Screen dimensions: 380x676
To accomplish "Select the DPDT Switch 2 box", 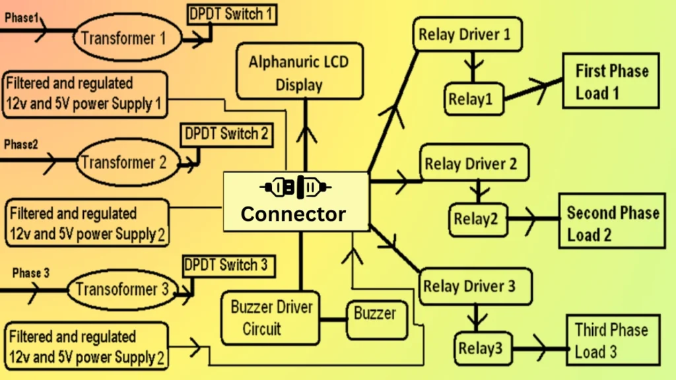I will click(x=226, y=135).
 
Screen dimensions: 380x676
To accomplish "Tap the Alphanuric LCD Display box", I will click(x=299, y=73).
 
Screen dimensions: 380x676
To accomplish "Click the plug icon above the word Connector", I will click(x=295, y=188).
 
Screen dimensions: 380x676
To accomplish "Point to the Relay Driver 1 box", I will click(x=464, y=34).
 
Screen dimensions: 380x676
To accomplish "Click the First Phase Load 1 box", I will click(x=611, y=81).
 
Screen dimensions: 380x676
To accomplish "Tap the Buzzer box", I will click(x=375, y=313).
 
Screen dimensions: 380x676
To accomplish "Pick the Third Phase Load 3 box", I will click(x=611, y=340).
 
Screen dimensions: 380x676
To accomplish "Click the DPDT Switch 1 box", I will click(x=232, y=13).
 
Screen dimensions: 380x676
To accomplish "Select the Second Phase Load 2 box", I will click(x=611, y=223).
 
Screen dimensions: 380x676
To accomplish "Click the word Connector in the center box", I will click(x=292, y=214).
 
